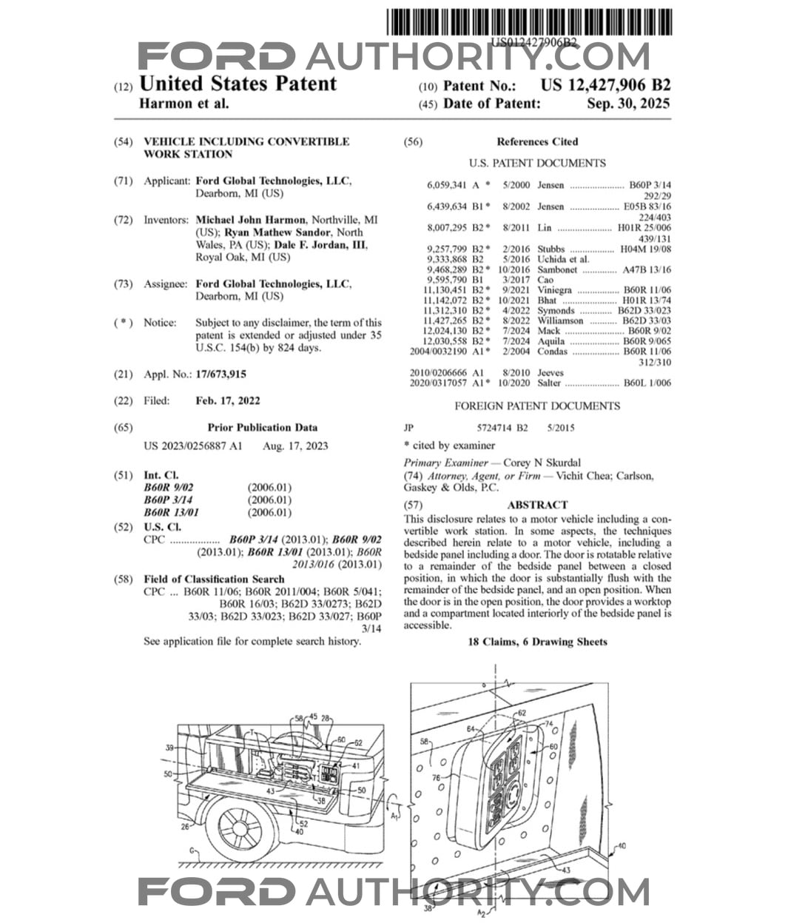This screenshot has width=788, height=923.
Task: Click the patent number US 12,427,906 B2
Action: pos(605,85)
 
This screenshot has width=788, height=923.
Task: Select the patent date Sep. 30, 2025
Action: pos(628,104)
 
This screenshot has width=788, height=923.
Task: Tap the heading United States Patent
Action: pos(238,84)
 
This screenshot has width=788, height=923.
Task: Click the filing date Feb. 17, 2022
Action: pos(227,400)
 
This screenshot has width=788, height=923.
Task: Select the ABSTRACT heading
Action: pos(537,505)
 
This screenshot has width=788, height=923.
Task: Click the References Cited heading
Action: pos(537,141)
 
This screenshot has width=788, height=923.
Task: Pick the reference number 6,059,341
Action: pos(446,185)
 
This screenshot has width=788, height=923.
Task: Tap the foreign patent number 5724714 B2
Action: pos(503,428)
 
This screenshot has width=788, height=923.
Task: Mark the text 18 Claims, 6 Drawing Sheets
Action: pos(537,642)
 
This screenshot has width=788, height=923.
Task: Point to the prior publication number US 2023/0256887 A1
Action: pos(192,446)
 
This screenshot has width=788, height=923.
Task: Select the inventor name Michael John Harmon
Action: pos(250,220)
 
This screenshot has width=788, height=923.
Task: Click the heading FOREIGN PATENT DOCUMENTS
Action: pos(537,406)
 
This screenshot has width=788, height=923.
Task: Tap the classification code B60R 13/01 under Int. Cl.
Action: pos(171,512)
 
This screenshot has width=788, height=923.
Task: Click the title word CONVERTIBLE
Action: pos(304,141)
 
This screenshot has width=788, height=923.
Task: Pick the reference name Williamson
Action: pos(560,321)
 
